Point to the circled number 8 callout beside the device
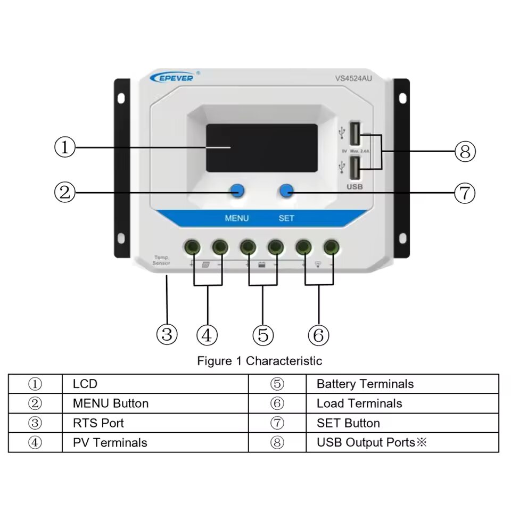(x=465, y=152)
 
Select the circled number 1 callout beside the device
(x=65, y=147)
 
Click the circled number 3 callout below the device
(x=167, y=334)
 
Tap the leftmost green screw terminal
(x=192, y=246)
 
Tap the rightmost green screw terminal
(x=332, y=246)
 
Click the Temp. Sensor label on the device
(x=161, y=260)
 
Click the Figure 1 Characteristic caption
(x=259, y=361)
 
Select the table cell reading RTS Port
(x=98, y=423)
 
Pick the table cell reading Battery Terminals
(x=365, y=384)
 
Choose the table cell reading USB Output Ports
(x=372, y=442)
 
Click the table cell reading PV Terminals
(x=110, y=442)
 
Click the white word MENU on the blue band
(x=236, y=218)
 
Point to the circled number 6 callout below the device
(x=318, y=335)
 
